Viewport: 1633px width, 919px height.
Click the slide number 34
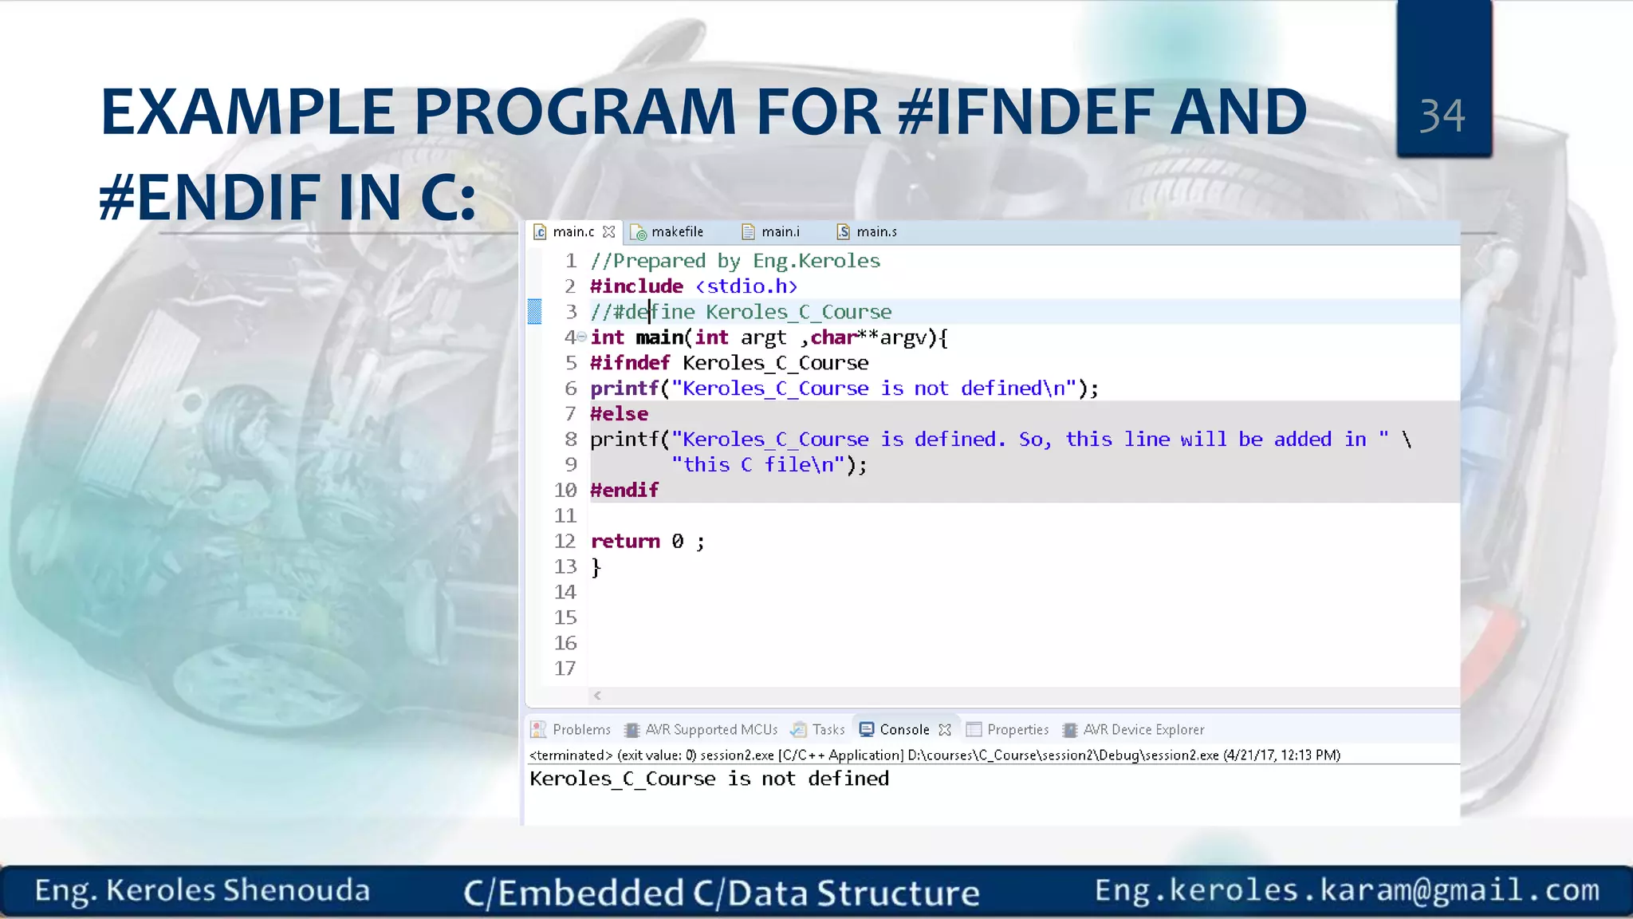(1442, 116)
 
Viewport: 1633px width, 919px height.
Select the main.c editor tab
(573, 232)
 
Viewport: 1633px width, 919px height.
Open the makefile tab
(676, 232)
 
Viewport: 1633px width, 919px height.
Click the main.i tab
(779, 232)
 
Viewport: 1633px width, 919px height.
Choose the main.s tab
(876, 232)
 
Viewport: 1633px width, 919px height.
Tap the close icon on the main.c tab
(609, 232)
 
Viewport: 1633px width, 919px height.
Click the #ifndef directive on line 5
(630, 363)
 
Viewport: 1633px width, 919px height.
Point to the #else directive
(619, 414)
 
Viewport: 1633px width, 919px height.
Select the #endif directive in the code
(624, 491)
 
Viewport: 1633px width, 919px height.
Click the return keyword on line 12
(625, 542)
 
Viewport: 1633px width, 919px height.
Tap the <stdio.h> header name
(746, 286)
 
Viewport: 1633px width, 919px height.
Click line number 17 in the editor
(565, 669)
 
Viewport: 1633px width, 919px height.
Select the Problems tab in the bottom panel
(580, 730)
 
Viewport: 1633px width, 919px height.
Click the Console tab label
(904, 730)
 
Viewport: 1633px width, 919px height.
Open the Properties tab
(1017, 730)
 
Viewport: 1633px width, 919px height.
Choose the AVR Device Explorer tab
(1143, 730)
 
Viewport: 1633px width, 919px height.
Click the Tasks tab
(828, 730)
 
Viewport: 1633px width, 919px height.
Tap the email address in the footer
(1347, 890)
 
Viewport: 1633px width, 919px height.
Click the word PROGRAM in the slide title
(574, 112)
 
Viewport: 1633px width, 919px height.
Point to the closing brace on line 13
(596, 567)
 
